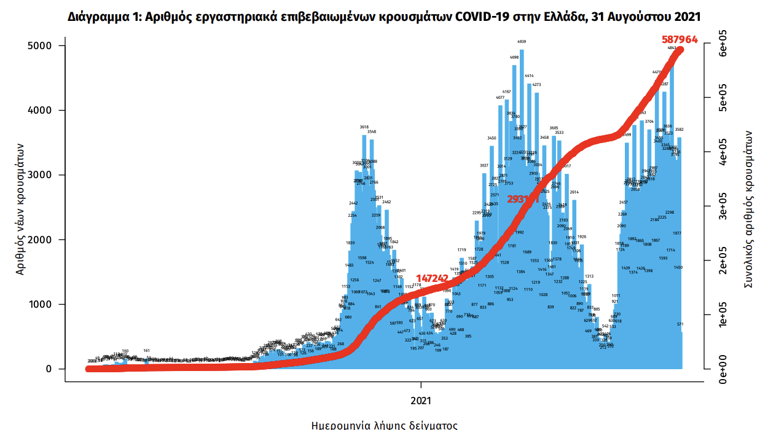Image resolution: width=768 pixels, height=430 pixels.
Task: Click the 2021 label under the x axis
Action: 421,400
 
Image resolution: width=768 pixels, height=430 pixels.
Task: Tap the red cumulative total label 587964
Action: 680,39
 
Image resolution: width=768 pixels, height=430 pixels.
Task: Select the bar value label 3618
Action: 364,127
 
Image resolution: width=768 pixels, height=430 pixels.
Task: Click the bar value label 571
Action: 680,324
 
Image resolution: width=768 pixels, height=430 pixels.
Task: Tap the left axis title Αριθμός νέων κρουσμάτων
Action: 20,209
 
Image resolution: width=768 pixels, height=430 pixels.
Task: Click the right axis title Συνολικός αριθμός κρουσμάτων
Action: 749,209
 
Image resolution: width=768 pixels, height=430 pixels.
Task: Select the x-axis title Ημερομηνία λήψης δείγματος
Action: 384,424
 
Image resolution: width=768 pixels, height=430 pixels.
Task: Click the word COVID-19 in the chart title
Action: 482,17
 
